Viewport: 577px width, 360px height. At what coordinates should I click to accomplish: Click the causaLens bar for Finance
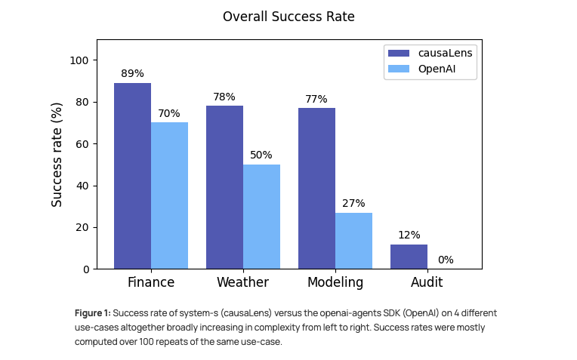[132, 176]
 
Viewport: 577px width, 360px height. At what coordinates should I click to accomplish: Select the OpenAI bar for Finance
[169, 195]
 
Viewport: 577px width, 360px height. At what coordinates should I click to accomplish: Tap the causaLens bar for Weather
[224, 187]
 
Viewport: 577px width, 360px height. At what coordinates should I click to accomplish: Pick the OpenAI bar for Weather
[261, 217]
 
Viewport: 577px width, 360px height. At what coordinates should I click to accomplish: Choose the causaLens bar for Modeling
[316, 189]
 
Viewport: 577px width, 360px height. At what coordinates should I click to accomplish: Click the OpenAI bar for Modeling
[353, 241]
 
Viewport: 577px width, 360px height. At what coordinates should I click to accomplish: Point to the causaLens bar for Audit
[409, 257]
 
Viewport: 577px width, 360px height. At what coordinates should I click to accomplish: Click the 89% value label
[132, 74]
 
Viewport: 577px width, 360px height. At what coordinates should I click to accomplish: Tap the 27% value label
[353, 204]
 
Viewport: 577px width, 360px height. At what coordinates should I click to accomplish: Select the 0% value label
[446, 260]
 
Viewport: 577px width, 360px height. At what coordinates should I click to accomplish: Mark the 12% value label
[409, 235]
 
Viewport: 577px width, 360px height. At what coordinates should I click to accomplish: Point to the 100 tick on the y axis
[80, 60]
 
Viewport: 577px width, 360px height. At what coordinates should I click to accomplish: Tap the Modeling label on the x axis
[335, 283]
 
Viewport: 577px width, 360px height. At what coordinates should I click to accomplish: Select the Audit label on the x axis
[427, 283]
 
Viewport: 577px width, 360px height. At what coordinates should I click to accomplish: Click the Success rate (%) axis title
[57, 155]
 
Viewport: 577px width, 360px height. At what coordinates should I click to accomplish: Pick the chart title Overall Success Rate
[288, 17]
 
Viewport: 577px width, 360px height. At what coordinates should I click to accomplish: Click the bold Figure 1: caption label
[92, 313]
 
